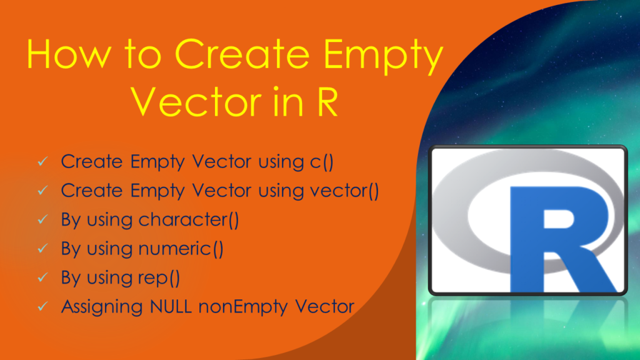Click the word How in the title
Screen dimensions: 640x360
[x=69, y=54]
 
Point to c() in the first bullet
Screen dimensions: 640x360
[x=322, y=162]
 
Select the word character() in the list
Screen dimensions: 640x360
[x=189, y=219]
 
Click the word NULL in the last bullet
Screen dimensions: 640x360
[x=171, y=306]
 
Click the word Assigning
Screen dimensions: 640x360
[x=102, y=307]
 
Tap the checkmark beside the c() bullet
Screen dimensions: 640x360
[x=42, y=162]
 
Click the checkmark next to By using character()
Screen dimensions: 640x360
[x=42, y=219]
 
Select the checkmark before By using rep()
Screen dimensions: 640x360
[x=42, y=277]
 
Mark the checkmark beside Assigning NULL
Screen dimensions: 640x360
[x=42, y=306]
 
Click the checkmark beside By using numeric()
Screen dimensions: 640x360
[x=42, y=249]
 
